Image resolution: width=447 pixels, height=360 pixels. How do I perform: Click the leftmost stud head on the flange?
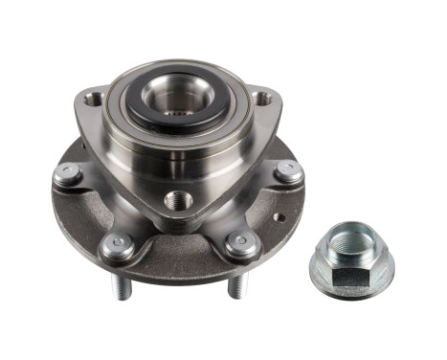[66, 175]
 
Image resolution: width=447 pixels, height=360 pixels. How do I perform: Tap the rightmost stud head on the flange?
[288, 173]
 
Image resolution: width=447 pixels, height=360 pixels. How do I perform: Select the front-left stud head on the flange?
[115, 244]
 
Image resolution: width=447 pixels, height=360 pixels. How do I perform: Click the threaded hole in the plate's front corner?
[177, 202]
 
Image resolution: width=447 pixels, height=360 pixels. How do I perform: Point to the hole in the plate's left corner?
[93, 99]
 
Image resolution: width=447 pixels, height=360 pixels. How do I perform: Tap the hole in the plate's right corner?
[260, 97]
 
